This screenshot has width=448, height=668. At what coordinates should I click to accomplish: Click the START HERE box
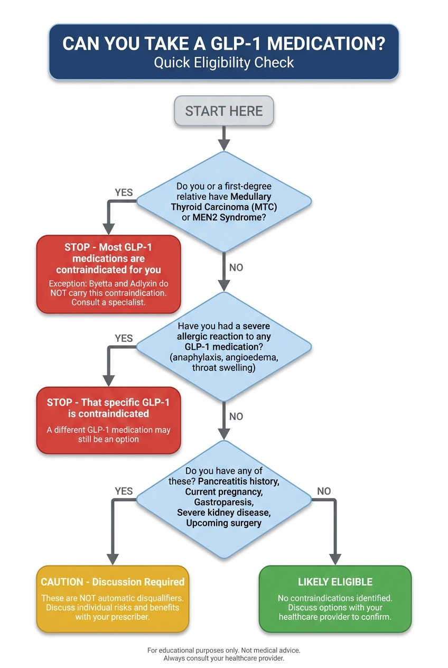pos(224,111)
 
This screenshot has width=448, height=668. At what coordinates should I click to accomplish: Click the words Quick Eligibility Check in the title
pos(224,62)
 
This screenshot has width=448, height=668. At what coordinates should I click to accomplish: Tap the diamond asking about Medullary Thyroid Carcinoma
pos(224,201)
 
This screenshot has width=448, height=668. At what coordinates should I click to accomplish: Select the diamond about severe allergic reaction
pos(224,347)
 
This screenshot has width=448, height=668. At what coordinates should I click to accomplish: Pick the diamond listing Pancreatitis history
pos(224,497)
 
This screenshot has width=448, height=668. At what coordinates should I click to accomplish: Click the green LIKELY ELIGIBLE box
pos(335,598)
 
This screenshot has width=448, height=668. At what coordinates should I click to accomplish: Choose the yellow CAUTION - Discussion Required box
pos(113,598)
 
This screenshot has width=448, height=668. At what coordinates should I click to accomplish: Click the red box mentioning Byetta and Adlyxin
pos(108,274)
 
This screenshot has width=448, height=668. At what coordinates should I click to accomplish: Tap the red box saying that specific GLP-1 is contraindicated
pos(108,420)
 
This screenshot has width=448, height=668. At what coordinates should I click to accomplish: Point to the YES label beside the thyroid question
pos(124,192)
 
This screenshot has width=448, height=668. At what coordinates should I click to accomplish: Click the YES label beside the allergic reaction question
pos(124,338)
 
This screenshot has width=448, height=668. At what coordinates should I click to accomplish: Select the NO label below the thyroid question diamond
pos(236,267)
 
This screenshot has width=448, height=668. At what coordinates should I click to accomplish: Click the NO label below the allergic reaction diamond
pos(236,416)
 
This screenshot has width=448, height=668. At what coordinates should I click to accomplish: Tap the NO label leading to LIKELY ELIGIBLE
pos(324,491)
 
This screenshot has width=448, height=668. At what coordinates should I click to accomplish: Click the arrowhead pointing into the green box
pos(335,559)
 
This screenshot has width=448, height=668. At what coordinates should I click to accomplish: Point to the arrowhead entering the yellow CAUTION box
pos(113,559)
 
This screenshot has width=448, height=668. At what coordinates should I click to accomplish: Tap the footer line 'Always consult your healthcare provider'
pos(224,658)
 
